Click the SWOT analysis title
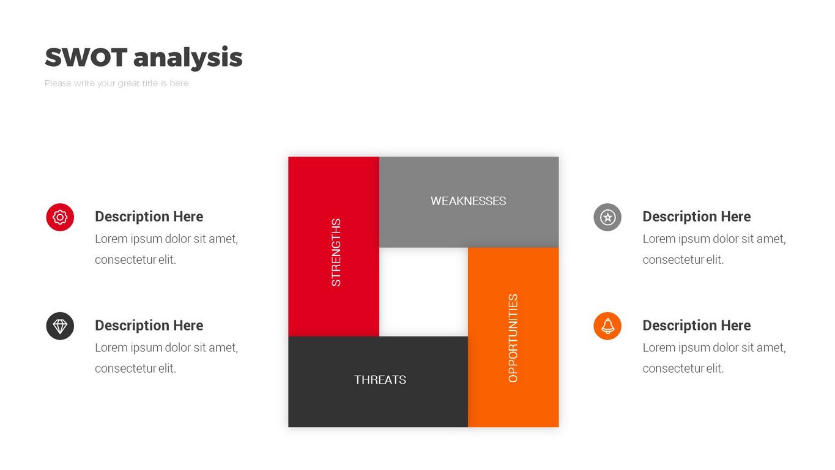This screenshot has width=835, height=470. [x=144, y=58]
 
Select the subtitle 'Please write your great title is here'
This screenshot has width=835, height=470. [x=116, y=83]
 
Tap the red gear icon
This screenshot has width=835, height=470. [x=60, y=217]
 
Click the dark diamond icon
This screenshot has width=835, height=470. [x=60, y=326]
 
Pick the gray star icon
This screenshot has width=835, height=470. [x=607, y=217]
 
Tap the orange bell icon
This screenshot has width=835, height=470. [x=607, y=326]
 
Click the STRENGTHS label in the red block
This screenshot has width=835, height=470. [x=336, y=253]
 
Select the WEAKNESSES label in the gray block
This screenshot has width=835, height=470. [x=468, y=201]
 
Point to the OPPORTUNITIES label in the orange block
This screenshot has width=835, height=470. [x=513, y=338]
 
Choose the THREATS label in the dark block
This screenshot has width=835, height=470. [x=380, y=379]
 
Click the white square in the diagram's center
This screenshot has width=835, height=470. [x=423, y=292]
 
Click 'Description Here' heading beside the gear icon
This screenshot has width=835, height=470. [x=149, y=217]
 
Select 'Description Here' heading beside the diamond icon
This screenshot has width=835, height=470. [x=149, y=326]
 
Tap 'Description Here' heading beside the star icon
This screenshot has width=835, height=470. [x=696, y=217]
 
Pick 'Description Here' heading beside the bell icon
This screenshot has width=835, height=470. [x=696, y=326]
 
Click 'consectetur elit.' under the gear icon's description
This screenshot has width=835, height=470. [x=135, y=259]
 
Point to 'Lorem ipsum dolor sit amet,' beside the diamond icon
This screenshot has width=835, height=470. [x=166, y=348]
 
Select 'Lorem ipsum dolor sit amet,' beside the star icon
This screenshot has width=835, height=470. [x=714, y=239]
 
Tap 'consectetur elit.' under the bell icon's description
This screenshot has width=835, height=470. [x=683, y=368]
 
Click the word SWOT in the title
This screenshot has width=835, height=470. [x=86, y=58]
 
